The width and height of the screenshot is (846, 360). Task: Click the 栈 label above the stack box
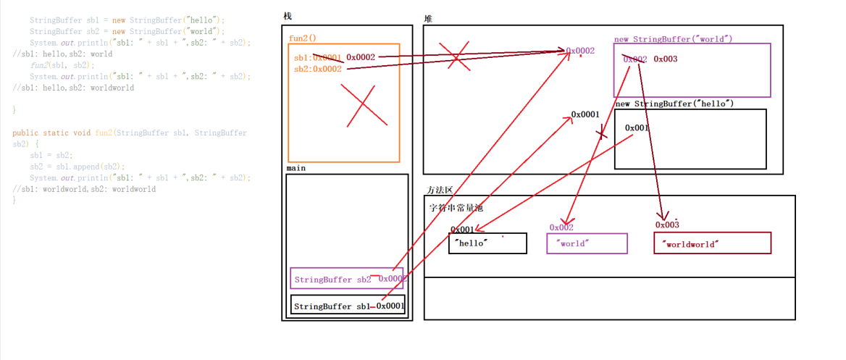point(288,17)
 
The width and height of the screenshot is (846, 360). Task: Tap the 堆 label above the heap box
point(429,17)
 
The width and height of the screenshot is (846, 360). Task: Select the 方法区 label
point(440,190)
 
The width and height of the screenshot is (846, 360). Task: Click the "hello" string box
point(487,243)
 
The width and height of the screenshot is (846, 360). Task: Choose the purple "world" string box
point(586,243)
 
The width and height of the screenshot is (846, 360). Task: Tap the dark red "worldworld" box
point(712,243)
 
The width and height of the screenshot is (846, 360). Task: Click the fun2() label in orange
point(302,38)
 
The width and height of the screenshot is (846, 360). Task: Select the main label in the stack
point(296,168)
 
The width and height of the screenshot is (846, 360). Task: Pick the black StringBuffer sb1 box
point(348,306)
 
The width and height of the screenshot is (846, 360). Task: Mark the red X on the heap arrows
point(455,54)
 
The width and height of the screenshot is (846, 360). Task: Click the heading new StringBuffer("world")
point(673,38)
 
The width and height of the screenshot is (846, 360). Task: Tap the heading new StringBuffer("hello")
point(674,104)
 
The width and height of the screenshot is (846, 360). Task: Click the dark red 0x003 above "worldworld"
point(667,225)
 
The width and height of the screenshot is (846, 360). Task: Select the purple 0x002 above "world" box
point(561,227)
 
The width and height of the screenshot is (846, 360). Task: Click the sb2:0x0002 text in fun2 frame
point(317,69)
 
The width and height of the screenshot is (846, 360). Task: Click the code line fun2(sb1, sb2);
point(62,64)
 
